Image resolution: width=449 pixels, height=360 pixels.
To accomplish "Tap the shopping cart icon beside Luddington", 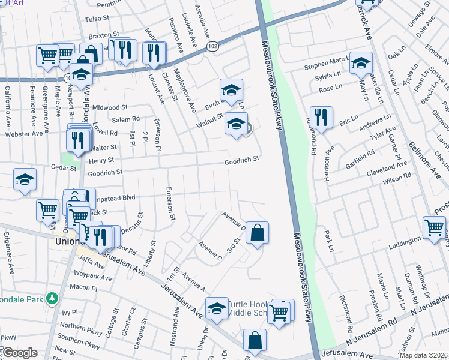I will coord(434,228).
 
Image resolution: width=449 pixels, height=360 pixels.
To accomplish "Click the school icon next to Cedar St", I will coord(25,179).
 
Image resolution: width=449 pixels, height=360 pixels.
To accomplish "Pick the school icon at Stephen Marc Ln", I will coord(361,62).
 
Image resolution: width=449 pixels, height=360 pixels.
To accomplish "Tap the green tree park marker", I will coord(53,298).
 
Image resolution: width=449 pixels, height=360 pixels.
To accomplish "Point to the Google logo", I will coord(20,352).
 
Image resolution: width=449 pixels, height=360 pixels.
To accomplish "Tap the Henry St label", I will coord(101,161).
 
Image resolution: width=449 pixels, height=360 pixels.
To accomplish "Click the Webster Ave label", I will coord(22,134).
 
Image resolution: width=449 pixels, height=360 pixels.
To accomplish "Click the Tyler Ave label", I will coord(384,133).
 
